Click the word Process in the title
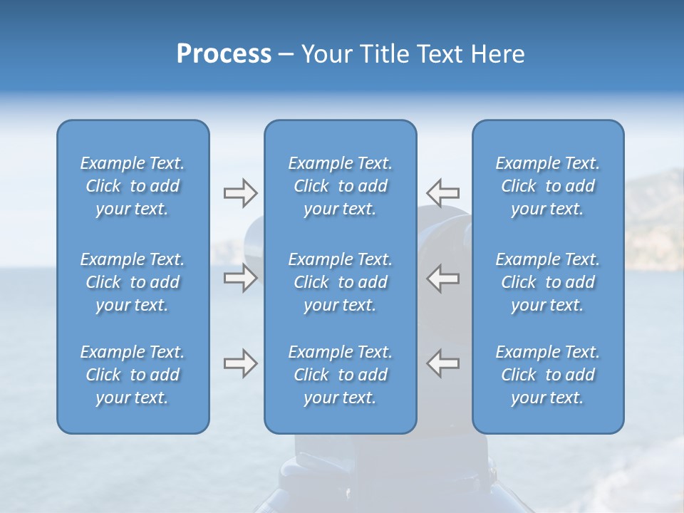tap(224, 54)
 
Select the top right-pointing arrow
tap(240, 192)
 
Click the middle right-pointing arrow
tap(240, 278)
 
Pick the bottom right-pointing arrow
tap(240, 363)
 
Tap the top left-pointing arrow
tap(442, 192)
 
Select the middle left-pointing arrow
tap(442, 278)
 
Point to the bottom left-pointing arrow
tap(442, 363)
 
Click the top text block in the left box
tap(133, 186)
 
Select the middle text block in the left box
tap(133, 282)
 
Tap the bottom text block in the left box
tap(133, 375)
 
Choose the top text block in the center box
tap(341, 186)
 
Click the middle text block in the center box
tap(341, 282)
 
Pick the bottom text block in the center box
tap(341, 375)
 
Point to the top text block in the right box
tap(548, 186)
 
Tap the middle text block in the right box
tap(548, 282)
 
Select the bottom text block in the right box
tap(548, 375)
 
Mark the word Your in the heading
tap(324, 54)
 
